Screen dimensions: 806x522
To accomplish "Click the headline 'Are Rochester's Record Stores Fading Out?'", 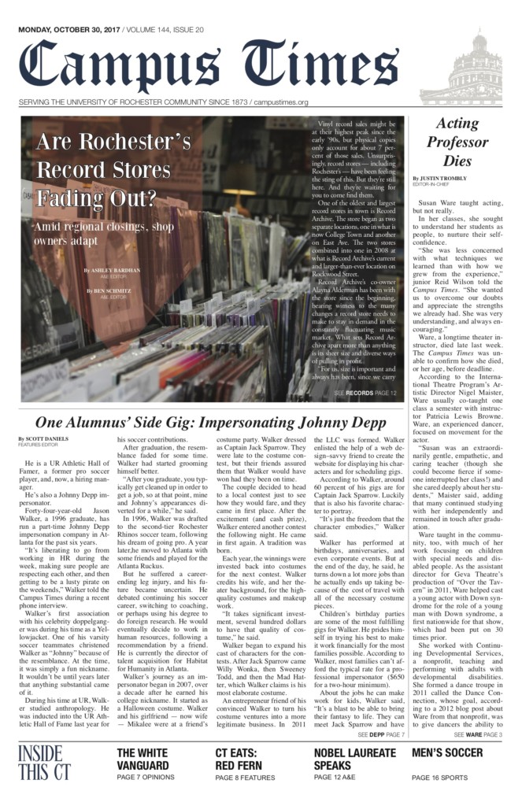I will (x=113, y=169).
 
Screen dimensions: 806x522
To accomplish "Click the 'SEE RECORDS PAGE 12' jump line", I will (x=365, y=392).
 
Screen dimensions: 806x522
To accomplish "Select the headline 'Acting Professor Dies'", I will (x=457, y=142).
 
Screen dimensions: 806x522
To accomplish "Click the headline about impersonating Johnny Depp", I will (x=211, y=422).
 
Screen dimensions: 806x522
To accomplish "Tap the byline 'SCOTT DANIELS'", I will (x=44, y=438).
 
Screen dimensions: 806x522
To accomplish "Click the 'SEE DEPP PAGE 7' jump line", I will (x=380, y=734).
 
